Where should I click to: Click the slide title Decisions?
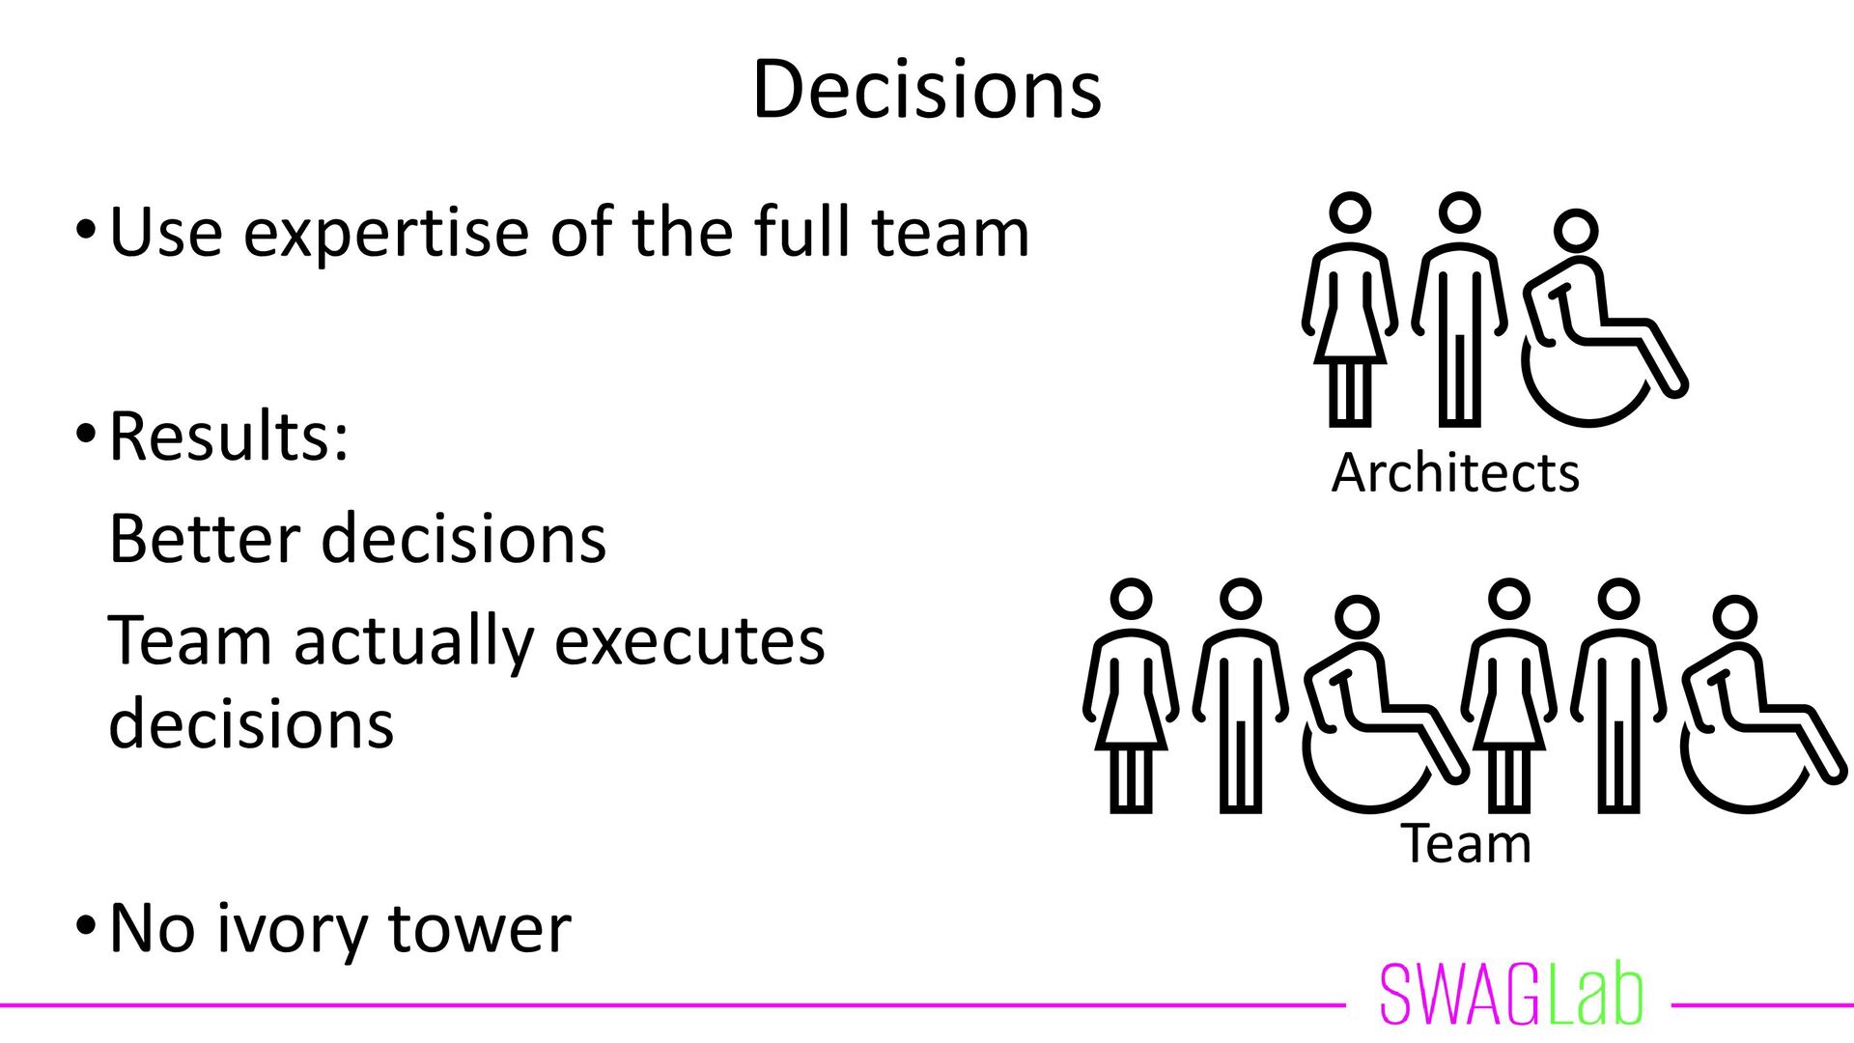[x=926, y=89]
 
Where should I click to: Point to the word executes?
[x=689, y=640]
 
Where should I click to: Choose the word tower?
[x=479, y=929]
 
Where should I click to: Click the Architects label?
[x=1454, y=473]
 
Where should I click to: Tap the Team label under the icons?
[x=1466, y=844]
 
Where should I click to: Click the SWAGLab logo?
[x=1511, y=995]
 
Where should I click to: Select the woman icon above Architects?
[x=1350, y=309]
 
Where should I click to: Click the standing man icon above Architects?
[x=1459, y=309]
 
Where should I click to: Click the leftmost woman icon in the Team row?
[x=1131, y=695]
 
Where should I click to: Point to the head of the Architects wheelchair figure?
[x=1576, y=232]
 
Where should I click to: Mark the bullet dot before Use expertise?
[x=85, y=233]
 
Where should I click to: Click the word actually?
[x=413, y=642]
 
